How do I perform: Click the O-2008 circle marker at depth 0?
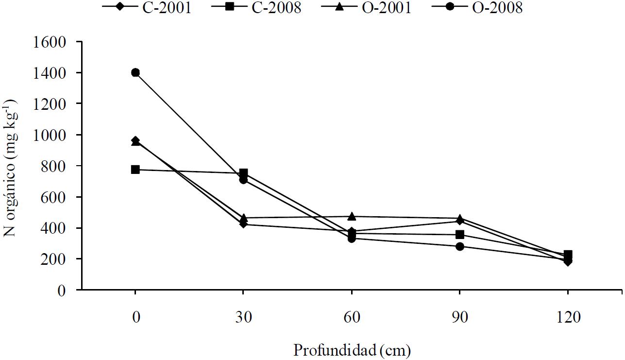(x=135, y=72)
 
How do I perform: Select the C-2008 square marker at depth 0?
(x=135, y=170)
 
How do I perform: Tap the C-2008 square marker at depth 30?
(x=244, y=173)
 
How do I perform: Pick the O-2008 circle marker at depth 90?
(x=460, y=246)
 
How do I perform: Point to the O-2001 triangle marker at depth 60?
(x=352, y=216)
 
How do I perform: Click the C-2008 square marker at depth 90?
(x=460, y=235)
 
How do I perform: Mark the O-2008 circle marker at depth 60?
(x=352, y=239)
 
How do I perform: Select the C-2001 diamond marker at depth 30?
(x=244, y=224)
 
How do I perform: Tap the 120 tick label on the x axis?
(x=568, y=318)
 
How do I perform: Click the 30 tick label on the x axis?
(x=244, y=318)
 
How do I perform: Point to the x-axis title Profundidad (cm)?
(x=352, y=349)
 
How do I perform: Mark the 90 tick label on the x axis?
(x=460, y=318)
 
